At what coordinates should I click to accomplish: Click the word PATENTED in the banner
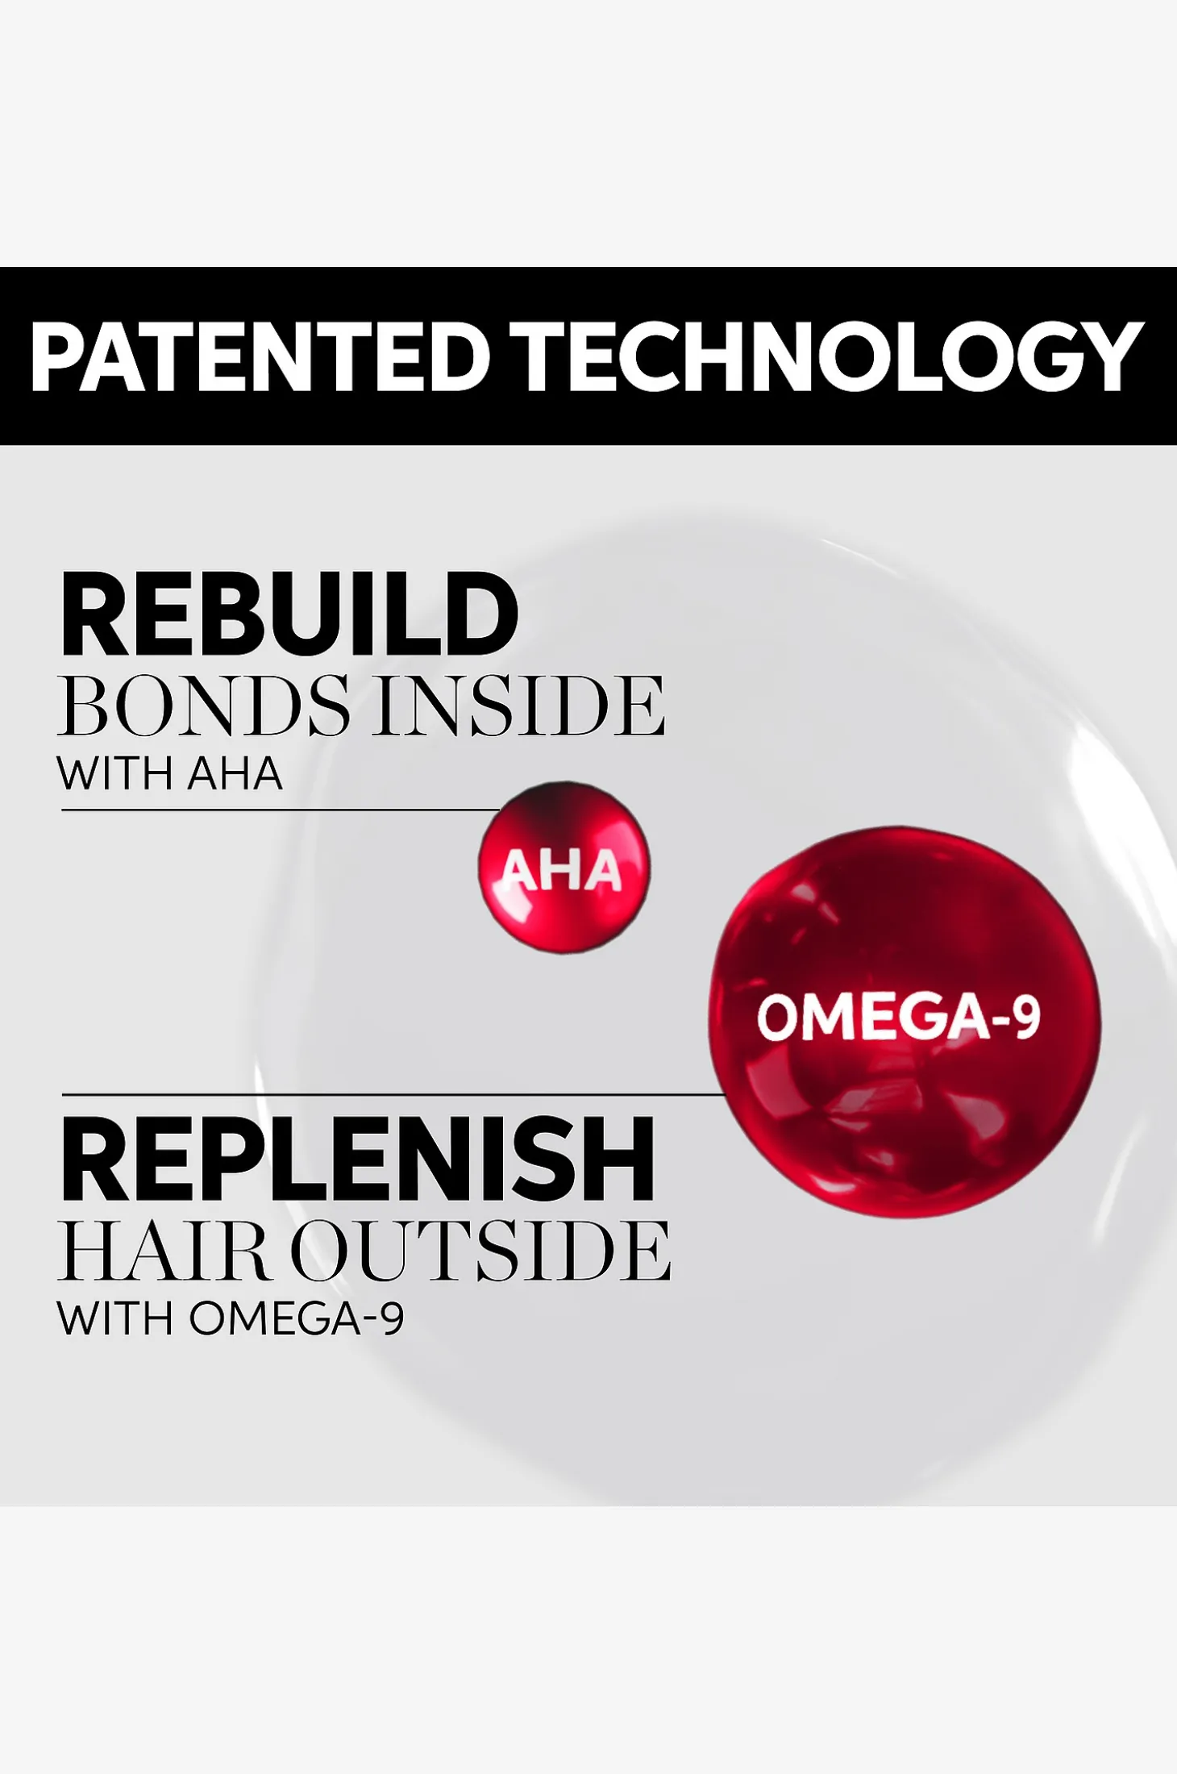[x=260, y=356]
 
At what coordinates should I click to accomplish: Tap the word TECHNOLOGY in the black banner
[x=831, y=356]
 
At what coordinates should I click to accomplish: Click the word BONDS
[x=204, y=706]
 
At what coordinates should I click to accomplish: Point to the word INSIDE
[x=520, y=706]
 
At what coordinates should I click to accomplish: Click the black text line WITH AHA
[x=170, y=774]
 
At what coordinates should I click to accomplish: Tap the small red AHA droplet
[x=564, y=867]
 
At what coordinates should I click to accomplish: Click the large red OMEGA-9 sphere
[x=905, y=1021]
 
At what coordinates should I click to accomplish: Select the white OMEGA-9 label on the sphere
[x=899, y=1017]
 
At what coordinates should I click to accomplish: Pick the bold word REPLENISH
[x=357, y=1160]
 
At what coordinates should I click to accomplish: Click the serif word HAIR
[x=161, y=1251]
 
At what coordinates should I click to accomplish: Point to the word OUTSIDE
[x=480, y=1251]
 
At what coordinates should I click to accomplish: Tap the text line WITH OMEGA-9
[x=231, y=1319]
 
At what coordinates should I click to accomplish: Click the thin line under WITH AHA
[x=281, y=810]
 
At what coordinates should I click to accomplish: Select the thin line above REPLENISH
[x=393, y=1095]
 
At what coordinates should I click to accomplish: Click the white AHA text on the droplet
[x=562, y=871]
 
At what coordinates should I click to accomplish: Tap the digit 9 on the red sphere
[x=1025, y=1017]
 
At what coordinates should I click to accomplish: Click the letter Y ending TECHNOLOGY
[x=1113, y=356]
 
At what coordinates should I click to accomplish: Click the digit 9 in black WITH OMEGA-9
[x=393, y=1319]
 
